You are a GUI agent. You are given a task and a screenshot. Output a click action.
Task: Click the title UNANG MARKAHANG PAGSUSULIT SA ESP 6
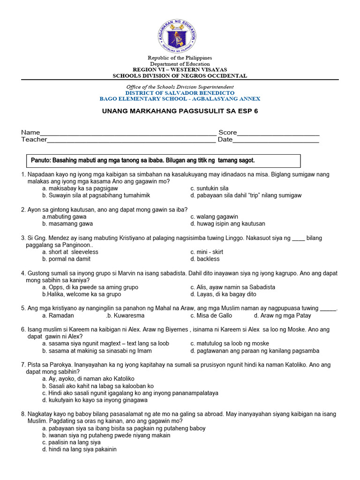(x=180, y=112)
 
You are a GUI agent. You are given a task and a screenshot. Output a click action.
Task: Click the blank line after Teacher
(x=131, y=140)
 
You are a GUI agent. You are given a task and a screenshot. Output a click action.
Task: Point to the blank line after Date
(x=276, y=140)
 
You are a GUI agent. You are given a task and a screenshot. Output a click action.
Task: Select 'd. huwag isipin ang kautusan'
(x=228, y=224)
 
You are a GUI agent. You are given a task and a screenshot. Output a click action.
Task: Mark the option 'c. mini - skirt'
(x=207, y=252)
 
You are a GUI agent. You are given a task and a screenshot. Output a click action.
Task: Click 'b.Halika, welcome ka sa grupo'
(x=82, y=294)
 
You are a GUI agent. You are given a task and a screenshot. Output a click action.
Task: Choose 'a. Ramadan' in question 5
(x=58, y=315)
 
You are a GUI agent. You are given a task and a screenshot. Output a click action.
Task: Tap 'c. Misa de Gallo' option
(x=211, y=315)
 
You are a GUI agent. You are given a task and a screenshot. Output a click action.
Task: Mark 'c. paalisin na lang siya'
(x=71, y=442)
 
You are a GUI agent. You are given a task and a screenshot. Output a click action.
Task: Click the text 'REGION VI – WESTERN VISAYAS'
(x=180, y=69)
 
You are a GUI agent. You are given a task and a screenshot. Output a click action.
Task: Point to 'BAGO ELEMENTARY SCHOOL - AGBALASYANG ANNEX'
(x=180, y=99)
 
